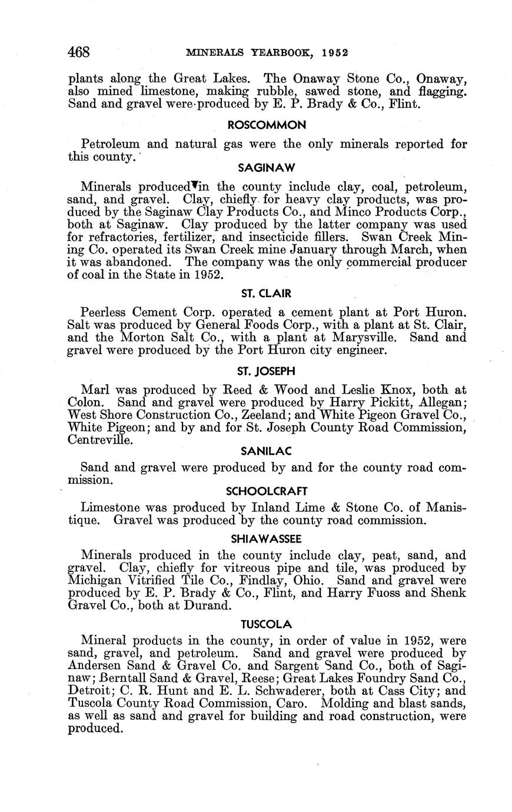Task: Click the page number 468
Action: tap(79, 52)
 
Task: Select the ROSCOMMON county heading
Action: tap(267, 125)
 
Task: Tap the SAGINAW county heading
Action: tap(267, 168)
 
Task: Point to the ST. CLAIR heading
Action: tap(267, 294)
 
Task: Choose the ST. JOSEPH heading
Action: tap(267, 371)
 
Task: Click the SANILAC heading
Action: tap(267, 451)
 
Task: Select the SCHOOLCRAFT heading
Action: tap(267, 491)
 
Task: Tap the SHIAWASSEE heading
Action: tap(267, 538)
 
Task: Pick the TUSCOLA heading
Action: tap(267, 623)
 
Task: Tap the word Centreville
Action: tap(96, 440)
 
